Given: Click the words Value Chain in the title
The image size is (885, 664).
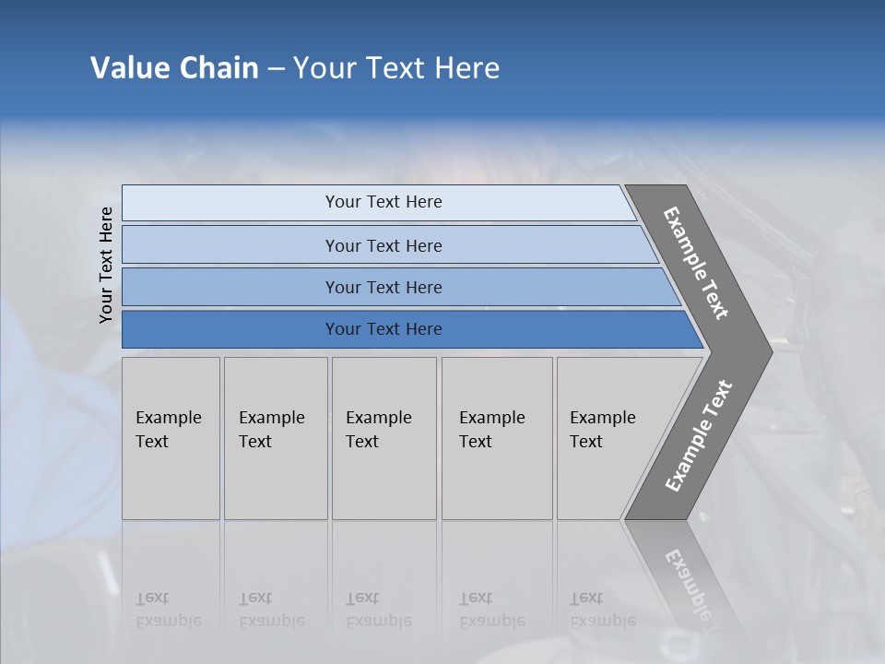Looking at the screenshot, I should [174, 68].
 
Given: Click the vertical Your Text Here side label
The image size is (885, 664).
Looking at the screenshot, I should [106, 265].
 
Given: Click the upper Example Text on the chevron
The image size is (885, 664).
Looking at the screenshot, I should [696, 263].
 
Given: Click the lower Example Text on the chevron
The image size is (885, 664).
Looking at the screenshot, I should [699, 435].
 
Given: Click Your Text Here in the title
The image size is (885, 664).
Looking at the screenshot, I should [396, 68].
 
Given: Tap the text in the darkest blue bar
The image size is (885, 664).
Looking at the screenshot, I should [383, 329].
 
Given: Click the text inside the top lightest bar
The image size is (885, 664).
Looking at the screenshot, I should [383, 202].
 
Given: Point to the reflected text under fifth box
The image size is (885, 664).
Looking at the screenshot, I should [601, 610].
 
